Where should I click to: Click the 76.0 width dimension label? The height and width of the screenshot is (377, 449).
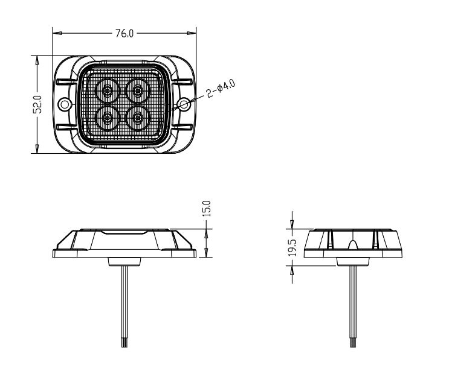point(124,34)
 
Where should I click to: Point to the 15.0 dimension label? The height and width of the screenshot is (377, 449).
point(207,209)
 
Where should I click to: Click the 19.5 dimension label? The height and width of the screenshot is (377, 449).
point(292,247)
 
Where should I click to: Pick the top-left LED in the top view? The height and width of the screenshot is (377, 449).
point(108,92)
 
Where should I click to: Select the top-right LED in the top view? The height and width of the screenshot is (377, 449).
point(138,92)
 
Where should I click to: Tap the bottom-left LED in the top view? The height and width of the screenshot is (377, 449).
point(108,117)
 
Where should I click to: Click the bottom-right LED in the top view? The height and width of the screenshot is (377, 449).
point(138,117)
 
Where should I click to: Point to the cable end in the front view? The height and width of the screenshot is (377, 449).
point(125,342)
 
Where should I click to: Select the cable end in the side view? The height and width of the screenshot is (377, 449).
point(352,342)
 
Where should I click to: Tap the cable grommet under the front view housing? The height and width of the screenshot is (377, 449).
point(124,261)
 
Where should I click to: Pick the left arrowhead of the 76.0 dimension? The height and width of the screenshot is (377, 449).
point(56,33)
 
